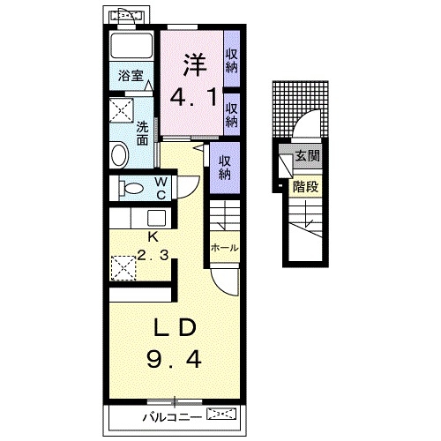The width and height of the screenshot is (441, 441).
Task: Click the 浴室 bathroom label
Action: point(131,76)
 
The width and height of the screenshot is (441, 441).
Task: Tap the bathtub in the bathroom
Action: point(131,46)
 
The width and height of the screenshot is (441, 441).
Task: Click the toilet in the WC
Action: point(131,188)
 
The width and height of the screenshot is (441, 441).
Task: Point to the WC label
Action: point(161,188)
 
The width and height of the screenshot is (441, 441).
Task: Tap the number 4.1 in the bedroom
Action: point(194,97)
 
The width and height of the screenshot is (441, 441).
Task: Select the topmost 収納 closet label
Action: point(232,61)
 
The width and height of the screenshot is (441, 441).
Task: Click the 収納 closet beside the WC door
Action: point(225,168)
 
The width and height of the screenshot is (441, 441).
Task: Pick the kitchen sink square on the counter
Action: point(156,219)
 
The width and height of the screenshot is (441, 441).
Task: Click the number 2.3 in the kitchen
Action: point(153,255)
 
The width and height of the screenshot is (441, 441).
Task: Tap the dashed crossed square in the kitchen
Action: point(123,268)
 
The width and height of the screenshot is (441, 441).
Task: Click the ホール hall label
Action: point(225,248)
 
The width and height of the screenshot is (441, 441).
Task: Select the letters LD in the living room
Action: point(175,327)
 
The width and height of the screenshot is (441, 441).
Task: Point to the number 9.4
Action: point(174,360)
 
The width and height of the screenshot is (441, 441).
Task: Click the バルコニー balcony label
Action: point(172,417)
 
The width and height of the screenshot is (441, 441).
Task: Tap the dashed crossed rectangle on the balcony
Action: point(221,414)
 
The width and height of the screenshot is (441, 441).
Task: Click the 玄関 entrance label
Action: point(307,155)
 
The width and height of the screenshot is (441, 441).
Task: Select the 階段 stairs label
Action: point(306,187)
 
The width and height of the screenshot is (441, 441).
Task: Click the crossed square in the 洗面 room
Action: point(122,110)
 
